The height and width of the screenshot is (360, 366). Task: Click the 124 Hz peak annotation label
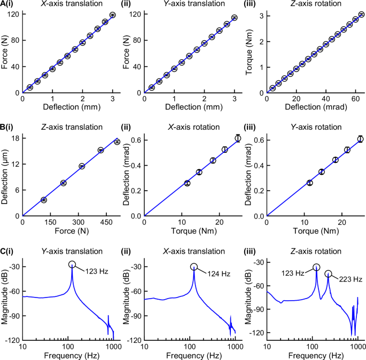[x=219, y=274]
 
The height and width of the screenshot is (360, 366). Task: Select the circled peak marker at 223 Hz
[x=329, y=274]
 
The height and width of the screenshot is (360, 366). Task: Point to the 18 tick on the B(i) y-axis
[x=15, y=138]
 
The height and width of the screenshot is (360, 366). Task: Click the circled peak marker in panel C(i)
[x=72, y=265]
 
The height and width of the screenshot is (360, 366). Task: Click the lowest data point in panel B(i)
[x=44, y=200]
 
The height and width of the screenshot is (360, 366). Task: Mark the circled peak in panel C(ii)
[x=194, y=267]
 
